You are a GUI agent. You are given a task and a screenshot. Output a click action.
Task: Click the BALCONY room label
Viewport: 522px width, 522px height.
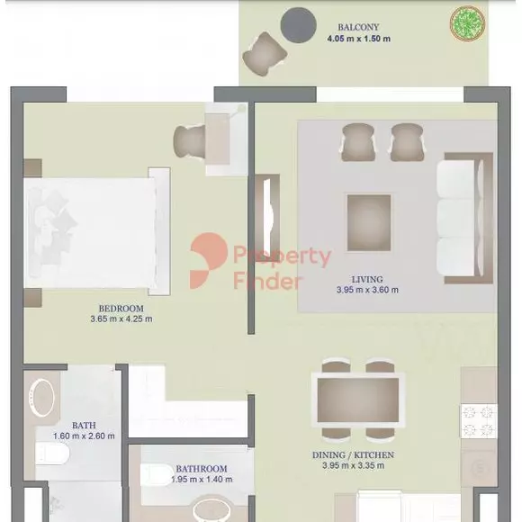[358, 27]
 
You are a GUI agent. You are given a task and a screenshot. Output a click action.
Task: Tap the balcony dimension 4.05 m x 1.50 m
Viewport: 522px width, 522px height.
[358, 39]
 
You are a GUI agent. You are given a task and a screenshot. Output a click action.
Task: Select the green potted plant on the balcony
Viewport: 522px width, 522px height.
[467, 23]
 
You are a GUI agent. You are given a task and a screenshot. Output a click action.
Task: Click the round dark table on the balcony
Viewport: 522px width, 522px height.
[298, 25]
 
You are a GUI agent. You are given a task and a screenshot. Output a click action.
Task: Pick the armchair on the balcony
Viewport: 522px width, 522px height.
[265, 54]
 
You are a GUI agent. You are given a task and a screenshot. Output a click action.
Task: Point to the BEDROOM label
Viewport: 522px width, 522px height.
[121, 309]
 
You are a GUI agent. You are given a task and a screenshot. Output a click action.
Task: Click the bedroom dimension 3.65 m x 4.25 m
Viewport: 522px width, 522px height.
[121, 319]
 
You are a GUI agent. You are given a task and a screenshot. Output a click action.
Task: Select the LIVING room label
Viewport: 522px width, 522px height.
[367, 279]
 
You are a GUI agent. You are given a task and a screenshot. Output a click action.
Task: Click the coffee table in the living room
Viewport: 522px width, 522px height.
[369, 222]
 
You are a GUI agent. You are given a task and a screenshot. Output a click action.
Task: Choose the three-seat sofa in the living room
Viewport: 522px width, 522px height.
[464, 219]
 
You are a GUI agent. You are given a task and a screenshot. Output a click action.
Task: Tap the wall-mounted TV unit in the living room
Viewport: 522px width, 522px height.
[267, 218]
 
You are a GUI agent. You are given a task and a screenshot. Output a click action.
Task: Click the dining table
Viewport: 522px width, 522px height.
[358, 400]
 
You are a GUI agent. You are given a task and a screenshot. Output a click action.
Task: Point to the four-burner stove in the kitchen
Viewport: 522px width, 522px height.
[479, 421]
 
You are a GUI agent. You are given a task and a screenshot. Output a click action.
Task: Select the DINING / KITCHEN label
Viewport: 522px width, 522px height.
[353, 454]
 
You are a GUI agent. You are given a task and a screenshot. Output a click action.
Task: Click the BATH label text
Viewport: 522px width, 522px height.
[84, 425]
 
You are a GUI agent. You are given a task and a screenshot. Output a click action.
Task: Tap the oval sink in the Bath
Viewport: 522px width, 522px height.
[41, 398]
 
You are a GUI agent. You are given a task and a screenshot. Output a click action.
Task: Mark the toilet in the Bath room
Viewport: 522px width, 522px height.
[52, 453]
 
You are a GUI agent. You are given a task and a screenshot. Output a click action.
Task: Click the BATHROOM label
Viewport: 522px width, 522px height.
[202, 469]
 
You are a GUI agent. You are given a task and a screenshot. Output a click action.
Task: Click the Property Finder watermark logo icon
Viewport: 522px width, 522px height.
[209, 261]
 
